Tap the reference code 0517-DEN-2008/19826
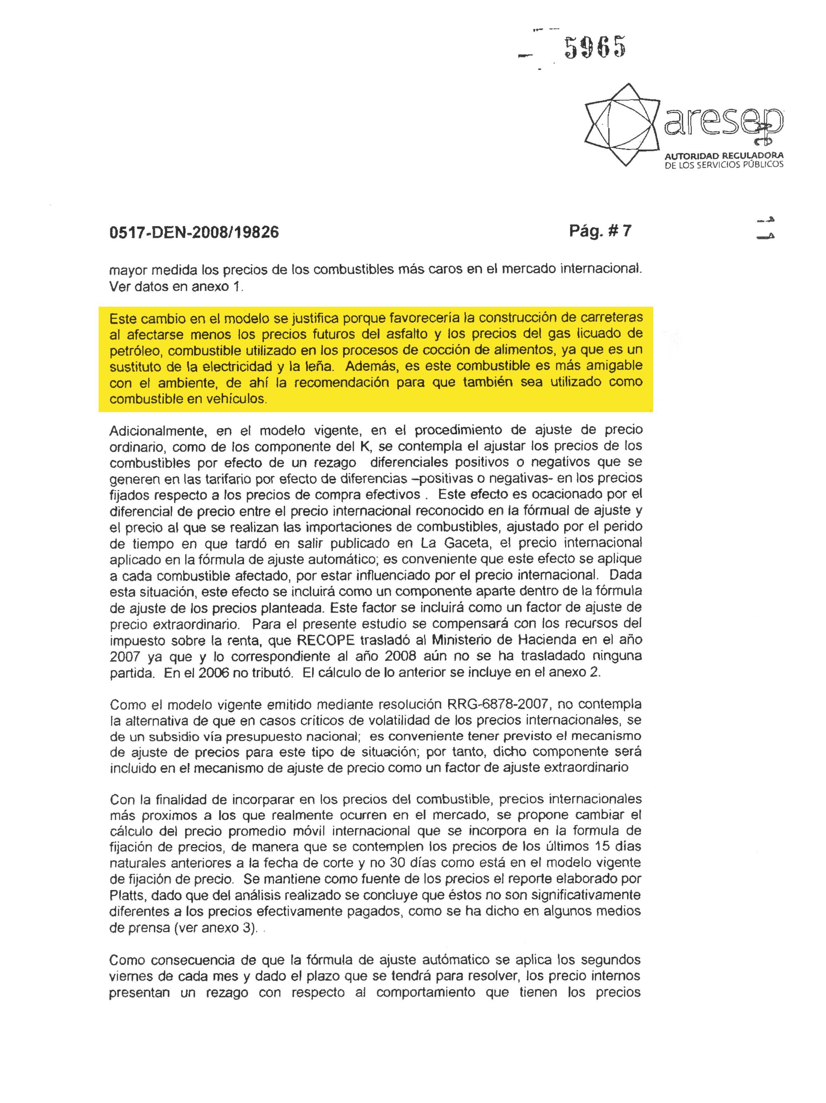194,232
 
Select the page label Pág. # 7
600,231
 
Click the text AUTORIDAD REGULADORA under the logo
724,156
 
